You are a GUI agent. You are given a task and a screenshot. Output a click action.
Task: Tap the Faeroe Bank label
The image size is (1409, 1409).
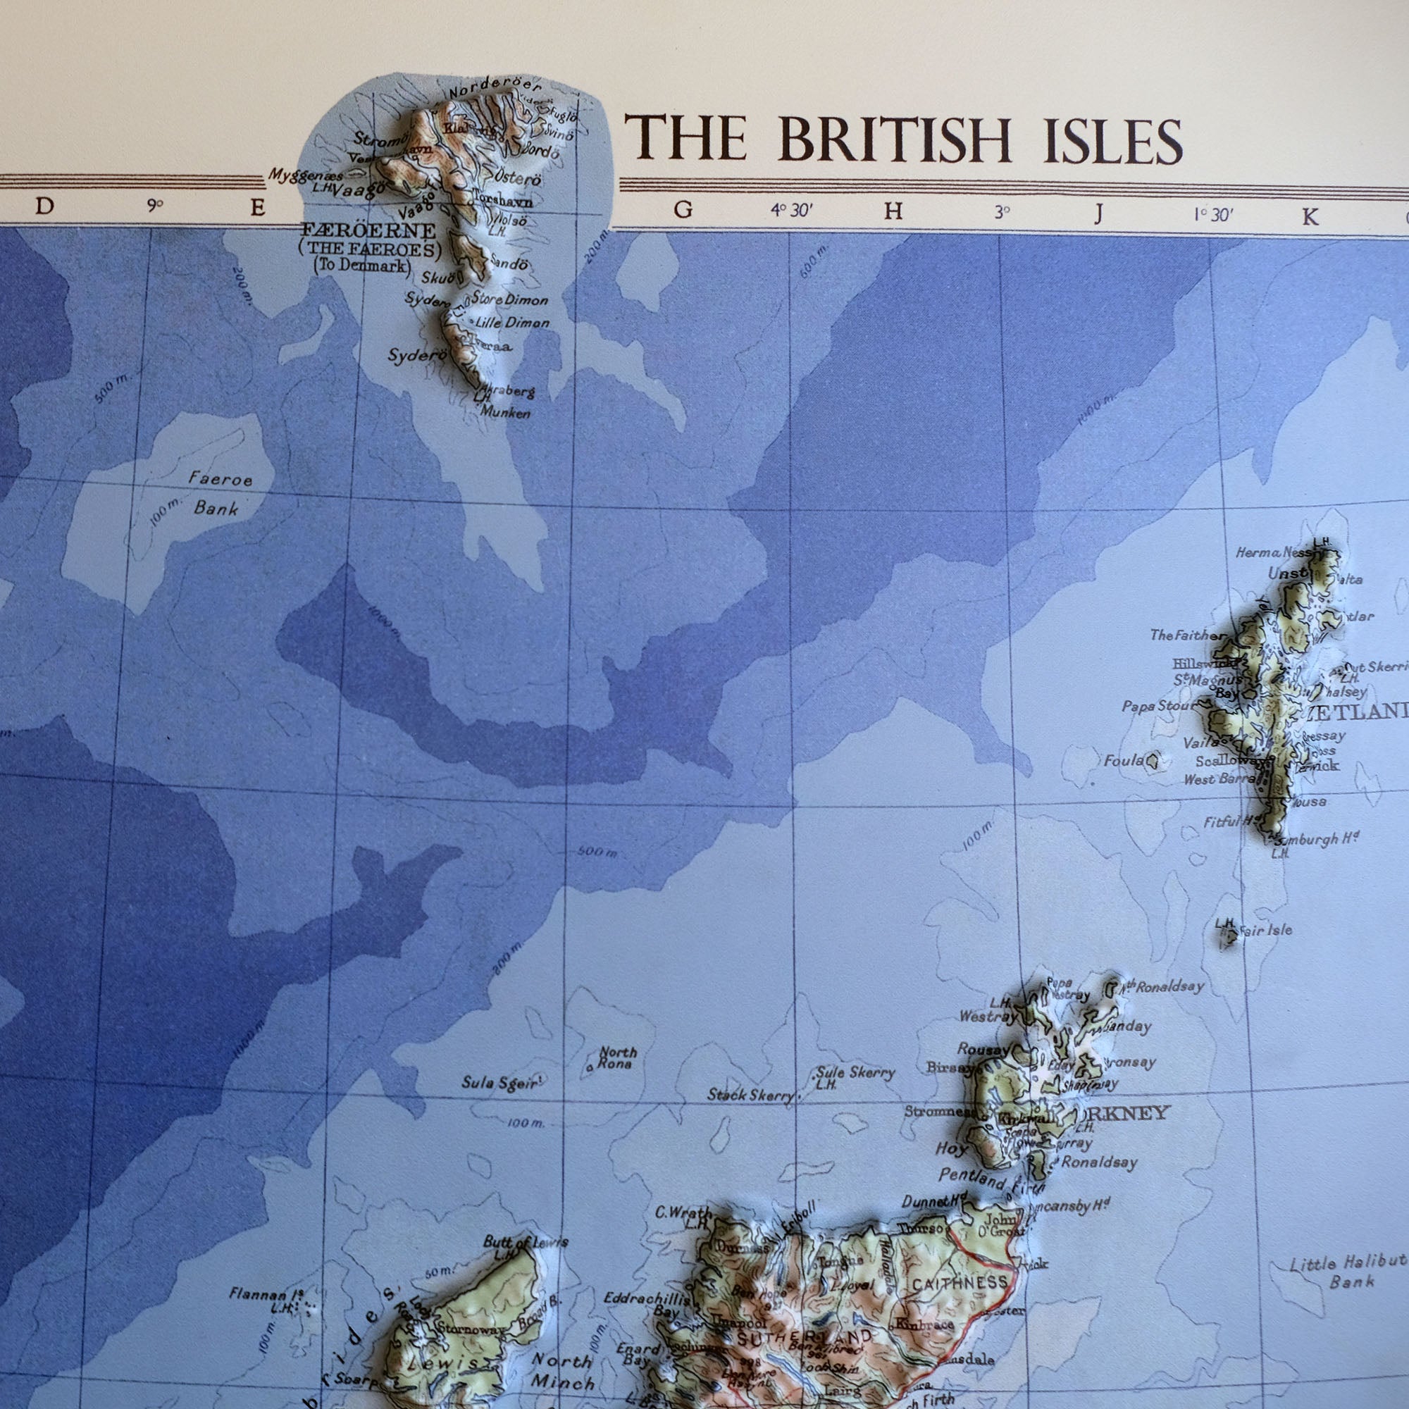pyautogui.click(x=218, y=493)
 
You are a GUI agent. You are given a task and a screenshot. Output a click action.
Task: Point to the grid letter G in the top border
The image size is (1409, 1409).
pyautogui.click(x=683, y=210)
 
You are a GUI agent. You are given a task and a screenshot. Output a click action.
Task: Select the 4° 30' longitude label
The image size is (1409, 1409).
pyautogui.click(x=792, y=211)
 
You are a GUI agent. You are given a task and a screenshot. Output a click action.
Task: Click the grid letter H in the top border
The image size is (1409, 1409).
pyautogui.click(x=893, y=211)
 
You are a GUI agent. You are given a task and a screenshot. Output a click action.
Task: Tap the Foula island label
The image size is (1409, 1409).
pyautogui.click(x=1123, y=761)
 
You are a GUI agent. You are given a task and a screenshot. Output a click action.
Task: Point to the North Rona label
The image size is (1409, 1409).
pyautogui.click(x=618, y=1057)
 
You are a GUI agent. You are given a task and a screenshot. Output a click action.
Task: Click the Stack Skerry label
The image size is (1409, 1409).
pyautogui.click(x=750, y=1095)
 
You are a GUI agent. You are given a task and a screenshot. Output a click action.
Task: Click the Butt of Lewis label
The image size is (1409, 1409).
pyautogui.click(x=525, y=1242)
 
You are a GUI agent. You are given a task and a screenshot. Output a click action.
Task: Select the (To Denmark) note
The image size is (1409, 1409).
pyautogui.click(x=361, y=266)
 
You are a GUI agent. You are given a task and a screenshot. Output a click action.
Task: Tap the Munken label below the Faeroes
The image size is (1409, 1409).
pyautogui.click(x=504, y=413)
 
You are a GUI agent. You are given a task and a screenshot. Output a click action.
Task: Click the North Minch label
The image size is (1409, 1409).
pyautogui.click(x=562, y=1370)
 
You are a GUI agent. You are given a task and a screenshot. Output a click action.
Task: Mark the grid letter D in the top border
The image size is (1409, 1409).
pyautogui.click(x=44, y=206)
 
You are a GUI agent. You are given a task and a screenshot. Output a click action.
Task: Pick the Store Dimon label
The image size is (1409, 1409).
pyautogui.click(x=510, y=299)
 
